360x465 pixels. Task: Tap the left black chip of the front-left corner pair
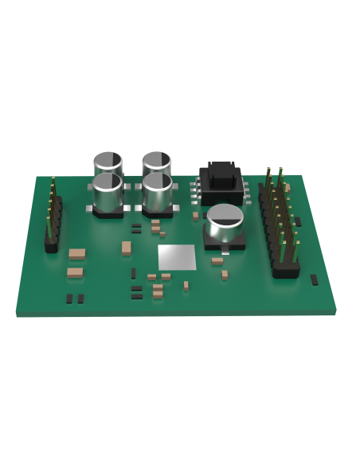coord(69,299)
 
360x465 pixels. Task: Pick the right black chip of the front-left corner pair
coord(80,299)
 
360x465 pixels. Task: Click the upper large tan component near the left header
coord(77,253)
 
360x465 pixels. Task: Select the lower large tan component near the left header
coord(74,272)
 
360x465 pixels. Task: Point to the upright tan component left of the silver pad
coord(126,248)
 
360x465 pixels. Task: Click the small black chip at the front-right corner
coord(314,279)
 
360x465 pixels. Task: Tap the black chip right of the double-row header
coord(297,221)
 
